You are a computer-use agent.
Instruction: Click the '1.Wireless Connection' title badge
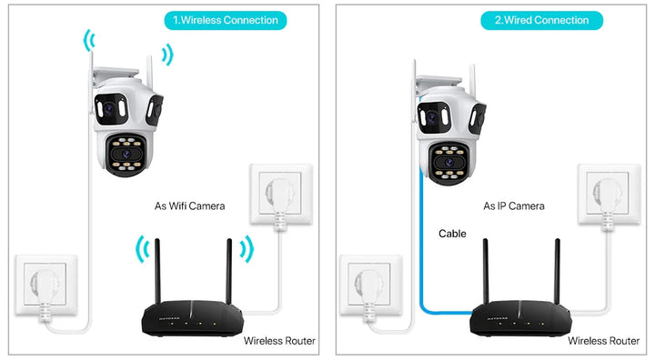227,20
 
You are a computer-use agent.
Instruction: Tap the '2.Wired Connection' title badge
542,20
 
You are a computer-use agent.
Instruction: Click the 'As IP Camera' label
514,206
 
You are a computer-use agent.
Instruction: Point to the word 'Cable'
452,234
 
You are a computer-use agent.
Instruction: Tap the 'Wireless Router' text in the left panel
279,341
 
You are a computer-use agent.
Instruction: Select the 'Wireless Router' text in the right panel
603,341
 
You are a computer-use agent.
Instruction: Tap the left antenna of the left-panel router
157,273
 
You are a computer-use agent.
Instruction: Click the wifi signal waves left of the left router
140,250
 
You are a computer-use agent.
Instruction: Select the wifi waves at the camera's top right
166,54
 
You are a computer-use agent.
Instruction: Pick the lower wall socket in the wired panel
370,285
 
